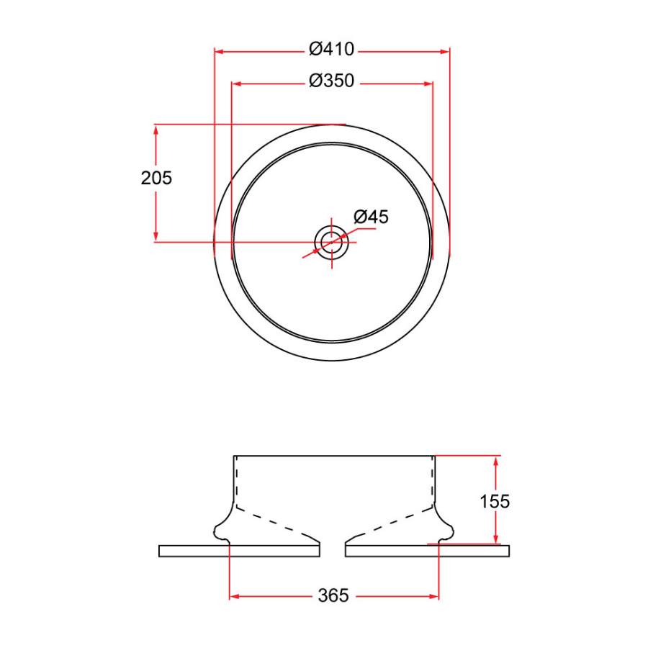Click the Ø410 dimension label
point(331,50)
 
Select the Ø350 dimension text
point(331,81)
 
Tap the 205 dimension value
point(156,179)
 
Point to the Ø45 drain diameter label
point(371,216)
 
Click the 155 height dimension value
point(495,501)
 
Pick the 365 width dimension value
point(333,595)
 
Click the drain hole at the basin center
point(331,241)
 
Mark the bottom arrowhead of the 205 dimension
point(156,237)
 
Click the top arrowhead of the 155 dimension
point(495,460)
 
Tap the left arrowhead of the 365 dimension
point(234,596)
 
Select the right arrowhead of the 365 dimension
point(434,596)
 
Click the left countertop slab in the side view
point(238,551)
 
